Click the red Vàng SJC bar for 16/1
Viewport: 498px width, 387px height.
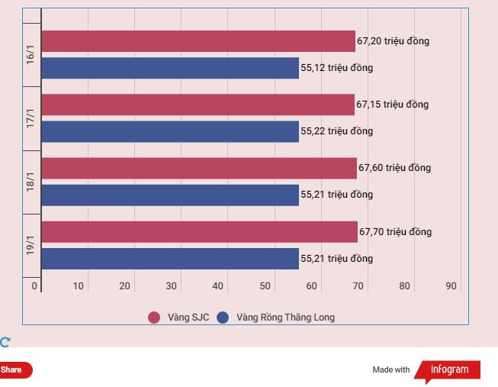pyautogui.click(x=198, y=41)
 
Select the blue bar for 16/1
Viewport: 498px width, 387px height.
pyautogui.click(x=170, y=68)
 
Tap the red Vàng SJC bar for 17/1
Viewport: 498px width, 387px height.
pyautogui.click(x=198, y=105)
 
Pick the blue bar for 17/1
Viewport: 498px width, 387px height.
pyautogui.click(x=170, y=131)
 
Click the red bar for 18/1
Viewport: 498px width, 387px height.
pyautogui.click(x=199, y=168)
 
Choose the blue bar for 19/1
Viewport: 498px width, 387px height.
pyautogui.click(x=170, y=259)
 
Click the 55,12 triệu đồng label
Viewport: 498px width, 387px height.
pyautogui.click(x=337, y=68)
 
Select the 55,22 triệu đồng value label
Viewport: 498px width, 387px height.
pyautogui.click(x=337, y=131)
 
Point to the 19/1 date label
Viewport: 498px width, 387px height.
pyautogui.click(x=31, y=245)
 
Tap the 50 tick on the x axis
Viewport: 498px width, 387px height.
pyautogui.click(x=265, y=286)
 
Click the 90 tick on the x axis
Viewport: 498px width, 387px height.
pyautogui.click(x=451, y=286)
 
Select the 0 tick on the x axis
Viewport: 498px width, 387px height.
pyautogui.click(x=34, y=286)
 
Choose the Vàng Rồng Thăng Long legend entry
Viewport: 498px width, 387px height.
pyautogui.click(x=276, y=318)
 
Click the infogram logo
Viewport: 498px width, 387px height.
pyautogui.click(x=450, y=370)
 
